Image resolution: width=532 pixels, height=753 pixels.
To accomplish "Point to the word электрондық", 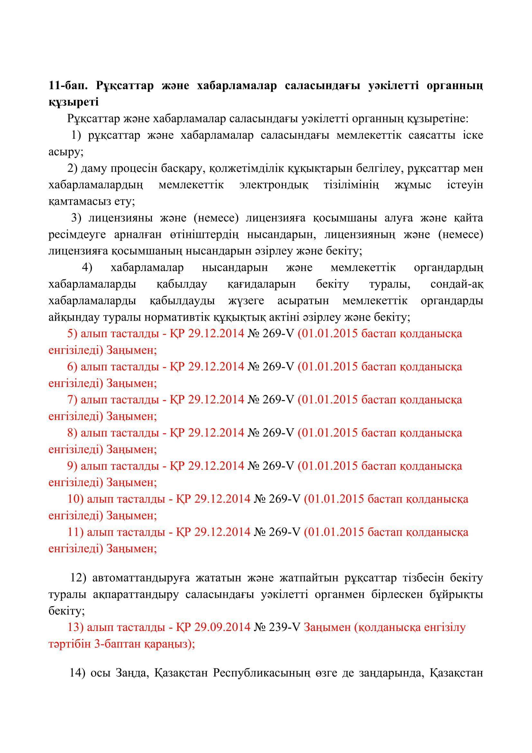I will click(273, 185).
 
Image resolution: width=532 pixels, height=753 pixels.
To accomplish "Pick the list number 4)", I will click(87, 268).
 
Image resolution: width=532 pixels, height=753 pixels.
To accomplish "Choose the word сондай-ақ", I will click(457, 284).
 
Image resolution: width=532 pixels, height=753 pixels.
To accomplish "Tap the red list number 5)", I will click(72, 334).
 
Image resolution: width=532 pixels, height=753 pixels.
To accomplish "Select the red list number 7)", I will click(72, 400).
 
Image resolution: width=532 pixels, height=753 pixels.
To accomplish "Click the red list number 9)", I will click(72, 466).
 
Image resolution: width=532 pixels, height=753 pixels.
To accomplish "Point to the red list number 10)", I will click(75, 499).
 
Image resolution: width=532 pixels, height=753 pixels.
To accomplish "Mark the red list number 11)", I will click(75, 532).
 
